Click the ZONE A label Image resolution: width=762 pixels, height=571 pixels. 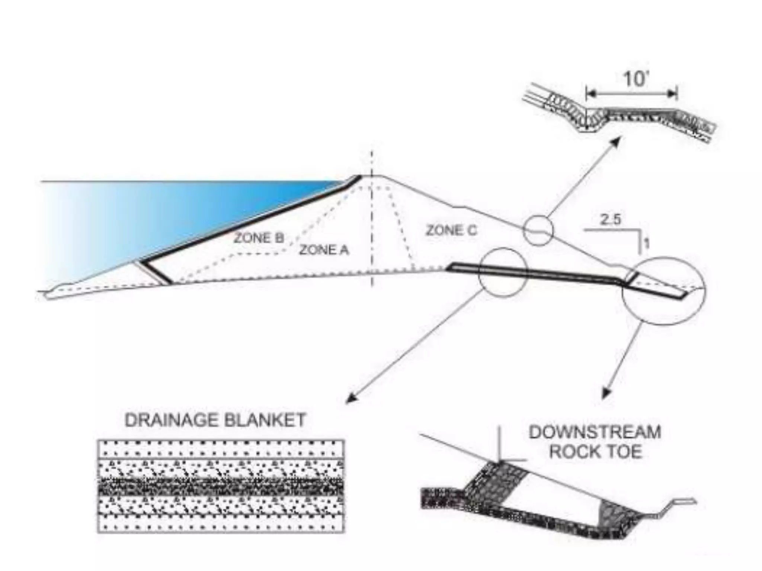324,250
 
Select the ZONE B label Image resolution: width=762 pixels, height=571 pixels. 259,238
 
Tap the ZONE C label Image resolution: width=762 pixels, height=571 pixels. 451,230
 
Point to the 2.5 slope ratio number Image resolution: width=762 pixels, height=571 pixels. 611,220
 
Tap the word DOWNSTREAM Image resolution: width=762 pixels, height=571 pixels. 595,432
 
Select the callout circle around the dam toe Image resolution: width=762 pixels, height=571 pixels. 663,291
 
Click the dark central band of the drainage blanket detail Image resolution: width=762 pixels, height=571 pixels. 221,486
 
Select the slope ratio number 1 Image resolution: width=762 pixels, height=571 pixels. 647,244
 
